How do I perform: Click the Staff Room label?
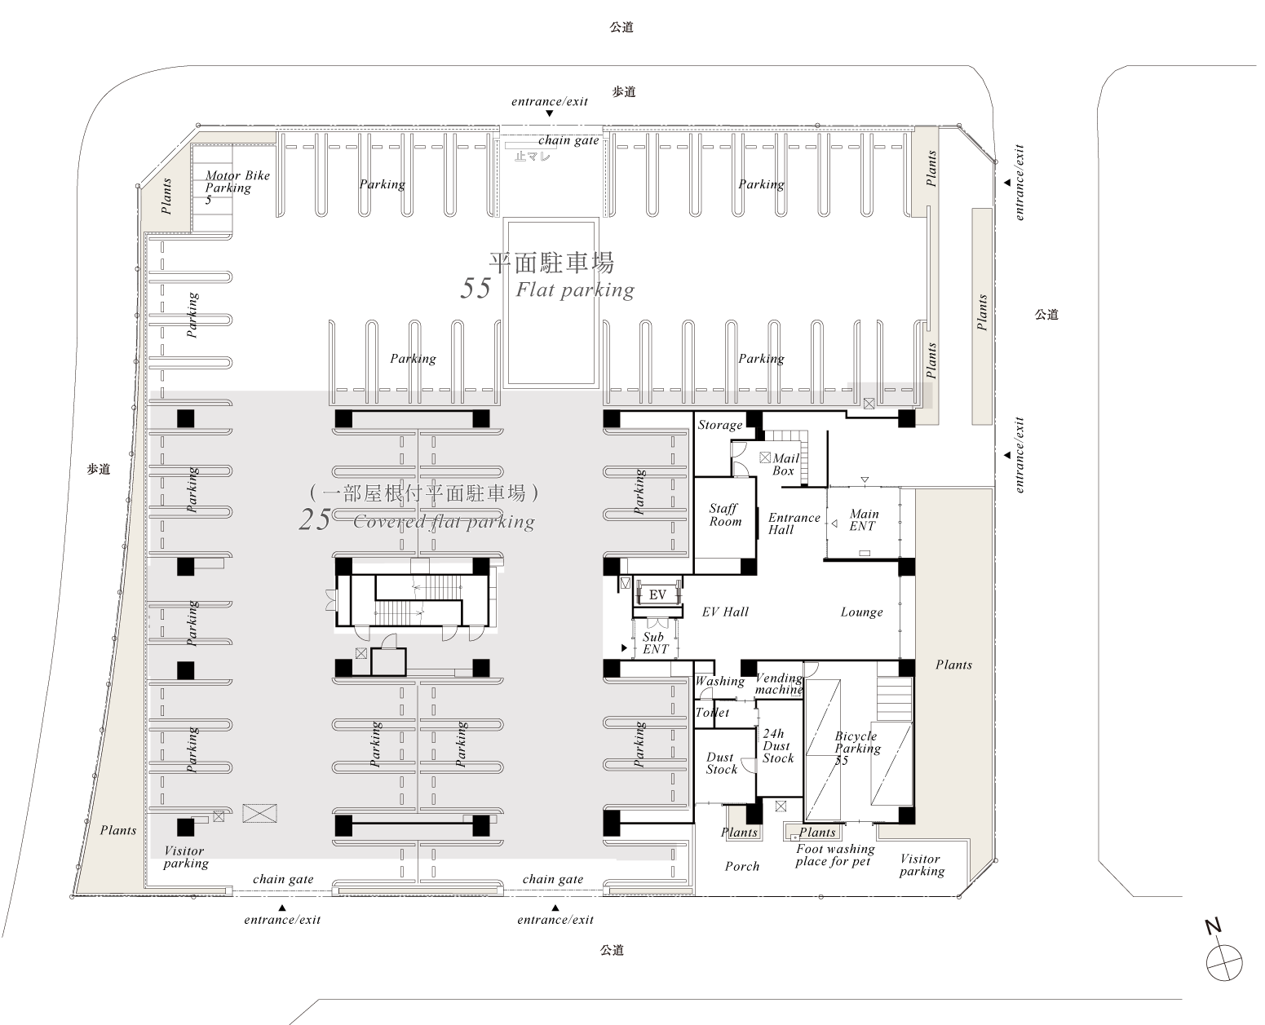coord(725,515)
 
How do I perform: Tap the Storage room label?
coord(720,425)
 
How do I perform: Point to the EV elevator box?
coord(657,594)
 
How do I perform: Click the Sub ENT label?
coord(654,643)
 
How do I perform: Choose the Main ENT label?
coord(863,519)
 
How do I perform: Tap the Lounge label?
coord(861,612)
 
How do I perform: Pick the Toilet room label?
coord(712,712)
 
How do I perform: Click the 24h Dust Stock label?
coord(777,746)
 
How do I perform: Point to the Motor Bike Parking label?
coord(237,187)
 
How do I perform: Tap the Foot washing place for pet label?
coord(834,855)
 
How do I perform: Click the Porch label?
coord(741,867)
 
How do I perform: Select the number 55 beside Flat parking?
coord(475,289)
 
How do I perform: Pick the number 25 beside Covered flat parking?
coord(315,519)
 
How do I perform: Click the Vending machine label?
coord(779,683)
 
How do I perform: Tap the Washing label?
coord(720,681)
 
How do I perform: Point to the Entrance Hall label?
coord(794,524)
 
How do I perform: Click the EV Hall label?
coord(725,612)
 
